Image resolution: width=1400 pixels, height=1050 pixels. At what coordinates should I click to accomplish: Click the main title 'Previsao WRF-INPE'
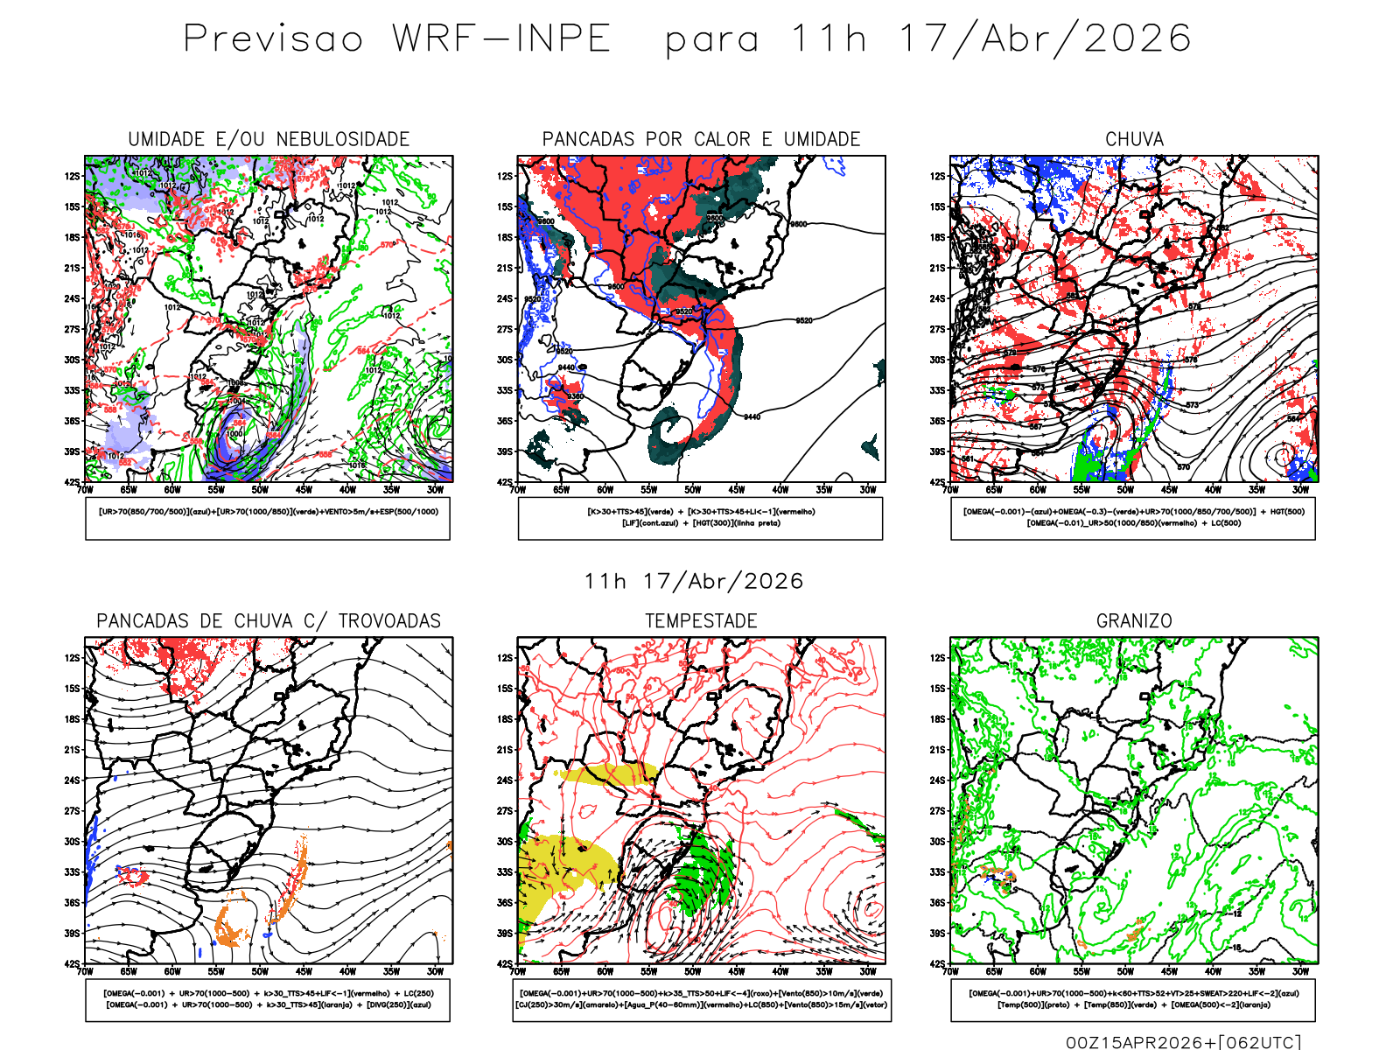[x=396, y=39]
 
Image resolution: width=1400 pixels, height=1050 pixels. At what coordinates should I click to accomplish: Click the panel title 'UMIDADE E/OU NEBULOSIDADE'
[x=269, y=140]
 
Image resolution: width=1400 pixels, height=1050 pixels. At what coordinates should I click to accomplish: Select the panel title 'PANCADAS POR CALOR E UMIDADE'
[x=701, y=140]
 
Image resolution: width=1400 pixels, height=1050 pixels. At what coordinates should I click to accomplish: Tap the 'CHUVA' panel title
[x=1134, y=140]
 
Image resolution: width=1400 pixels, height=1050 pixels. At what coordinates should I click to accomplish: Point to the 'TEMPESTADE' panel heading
[x=701, y=621]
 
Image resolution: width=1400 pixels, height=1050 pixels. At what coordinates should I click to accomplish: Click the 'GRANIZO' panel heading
[x=1134, y=621]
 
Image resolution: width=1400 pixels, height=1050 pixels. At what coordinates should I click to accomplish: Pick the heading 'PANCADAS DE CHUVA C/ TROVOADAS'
[x=269, y=621]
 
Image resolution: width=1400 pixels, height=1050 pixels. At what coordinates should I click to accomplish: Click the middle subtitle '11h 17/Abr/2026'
[x=693, y=582]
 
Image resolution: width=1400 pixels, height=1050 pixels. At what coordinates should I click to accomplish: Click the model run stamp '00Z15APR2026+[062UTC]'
[x=1183, y=1042]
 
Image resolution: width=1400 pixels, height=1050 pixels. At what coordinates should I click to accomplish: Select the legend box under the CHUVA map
[x=1133, y=518]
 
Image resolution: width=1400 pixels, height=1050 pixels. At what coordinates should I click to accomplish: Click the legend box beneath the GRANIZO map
[x=1133, y=999]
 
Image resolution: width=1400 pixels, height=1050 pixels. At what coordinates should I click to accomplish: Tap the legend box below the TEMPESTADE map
[x=702, y=999]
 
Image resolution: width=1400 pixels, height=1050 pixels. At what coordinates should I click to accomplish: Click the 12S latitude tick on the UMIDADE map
[x=72, y=176]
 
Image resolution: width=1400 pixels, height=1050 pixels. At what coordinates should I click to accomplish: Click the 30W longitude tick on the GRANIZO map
[x=1300, y=971]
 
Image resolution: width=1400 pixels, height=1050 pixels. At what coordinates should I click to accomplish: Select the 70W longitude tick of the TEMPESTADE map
[x=518, y=971]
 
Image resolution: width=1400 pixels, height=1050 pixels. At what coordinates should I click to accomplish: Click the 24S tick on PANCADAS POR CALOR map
[x=505, y=298]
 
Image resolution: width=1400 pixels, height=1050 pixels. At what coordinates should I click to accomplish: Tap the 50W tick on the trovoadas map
[x=260, y=971]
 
